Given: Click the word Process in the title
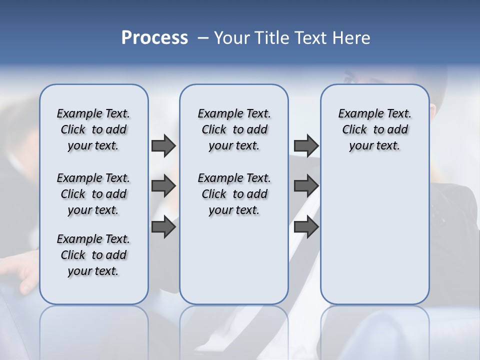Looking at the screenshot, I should click(x=154, y=38).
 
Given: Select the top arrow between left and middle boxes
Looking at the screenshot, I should click(x=163, y=145).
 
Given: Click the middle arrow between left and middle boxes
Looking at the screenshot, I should click(x=163, y=186).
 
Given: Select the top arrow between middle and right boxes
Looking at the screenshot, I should click(x=306, y=145).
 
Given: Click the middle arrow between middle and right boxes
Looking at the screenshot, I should click(x=306, y=186).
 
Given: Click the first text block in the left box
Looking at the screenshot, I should click(x=93, y=129).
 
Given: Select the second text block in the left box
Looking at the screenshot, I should click(x=93, y=194).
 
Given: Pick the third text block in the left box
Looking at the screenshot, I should click(x=93, y=255).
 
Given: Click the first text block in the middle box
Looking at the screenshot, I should click(x=234, y=129).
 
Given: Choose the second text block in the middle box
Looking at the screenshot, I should click(x=234, y=194).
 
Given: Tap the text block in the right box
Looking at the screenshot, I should click(x=375, y=129).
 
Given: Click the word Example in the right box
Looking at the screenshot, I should click(x=356, y=114).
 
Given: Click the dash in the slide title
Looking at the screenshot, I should click(x=203, y=38).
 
